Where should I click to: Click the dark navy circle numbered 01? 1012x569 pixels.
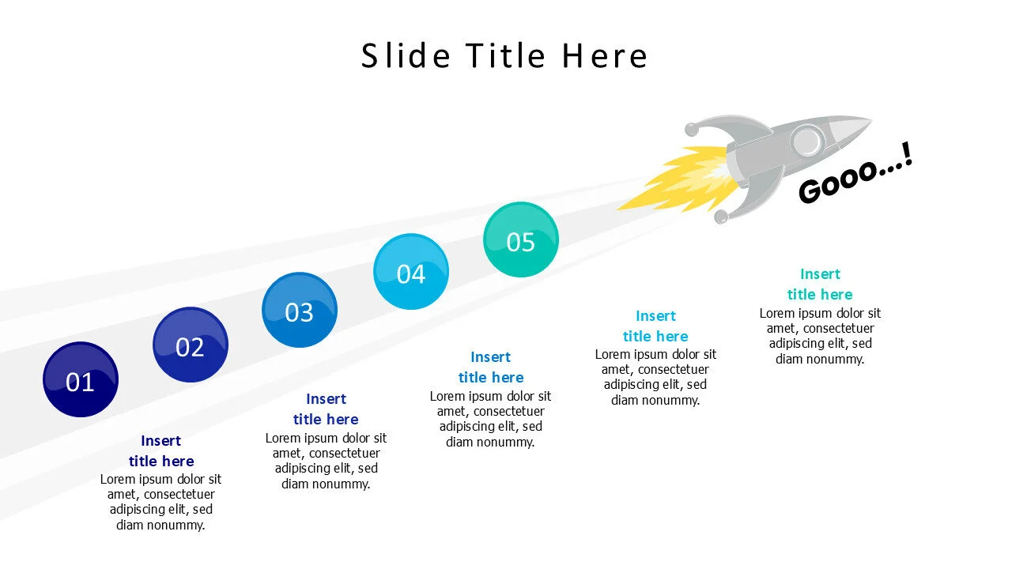point(80,379)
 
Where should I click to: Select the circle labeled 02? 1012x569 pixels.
point(190,345)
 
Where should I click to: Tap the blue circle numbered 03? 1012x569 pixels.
point(299,310)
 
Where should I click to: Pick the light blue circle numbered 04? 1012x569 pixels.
point(410,272)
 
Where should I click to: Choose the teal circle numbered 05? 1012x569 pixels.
point(520,239)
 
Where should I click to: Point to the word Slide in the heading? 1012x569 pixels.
point(406,56)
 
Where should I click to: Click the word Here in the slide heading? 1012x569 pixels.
point(605,56)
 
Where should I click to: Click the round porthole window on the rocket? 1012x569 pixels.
point(806,142)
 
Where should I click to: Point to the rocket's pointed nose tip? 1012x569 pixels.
point(867,122)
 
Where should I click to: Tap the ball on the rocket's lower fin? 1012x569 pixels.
point(721,217)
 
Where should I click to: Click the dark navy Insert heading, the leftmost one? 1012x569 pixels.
point(161,441)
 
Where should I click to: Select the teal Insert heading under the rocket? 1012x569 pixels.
point(820,274)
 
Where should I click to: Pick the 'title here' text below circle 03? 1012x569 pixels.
point(326,420)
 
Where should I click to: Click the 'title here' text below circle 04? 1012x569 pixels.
point(491,378)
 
